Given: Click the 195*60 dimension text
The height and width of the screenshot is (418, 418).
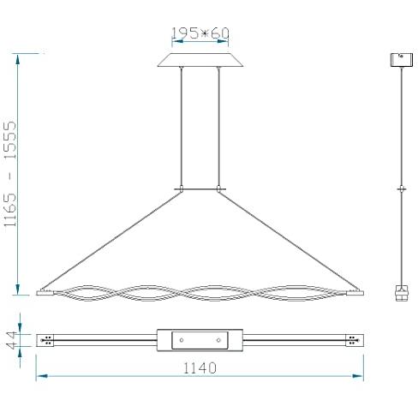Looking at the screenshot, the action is click(200, 33).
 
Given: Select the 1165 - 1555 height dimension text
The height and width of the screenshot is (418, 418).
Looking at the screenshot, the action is click(10, 174).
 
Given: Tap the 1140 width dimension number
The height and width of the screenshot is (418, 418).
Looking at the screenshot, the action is click(200, 368).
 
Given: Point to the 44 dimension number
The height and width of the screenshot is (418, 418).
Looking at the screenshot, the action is click(12, 340).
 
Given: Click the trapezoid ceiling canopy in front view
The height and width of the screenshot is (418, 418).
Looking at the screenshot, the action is click(200, 60).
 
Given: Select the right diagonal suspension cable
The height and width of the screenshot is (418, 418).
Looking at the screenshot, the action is click(288, 242).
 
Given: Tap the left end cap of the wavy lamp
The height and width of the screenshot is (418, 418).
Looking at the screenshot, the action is click(45, 293).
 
